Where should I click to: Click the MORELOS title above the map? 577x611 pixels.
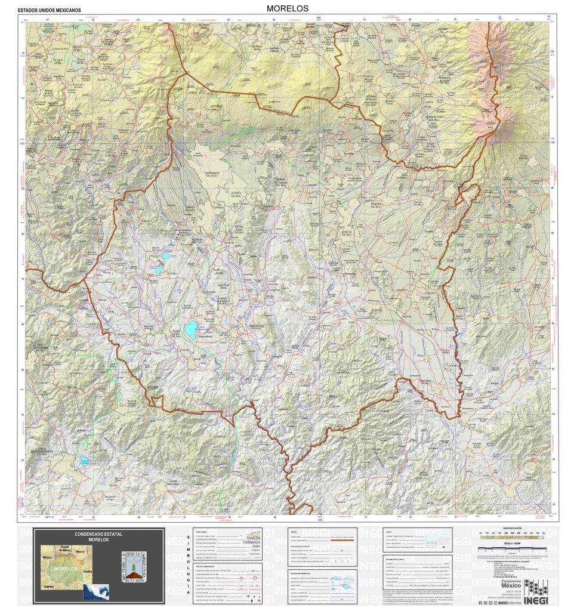pyautogui.click(x=288, y=8)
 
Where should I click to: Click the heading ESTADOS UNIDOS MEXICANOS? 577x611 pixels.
pyautogui.click(x=50, y=11)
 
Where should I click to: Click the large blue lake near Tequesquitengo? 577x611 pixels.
pyautogui.click(x=190, y=329)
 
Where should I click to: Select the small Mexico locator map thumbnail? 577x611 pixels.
pyautogui.click(x=95, y=591)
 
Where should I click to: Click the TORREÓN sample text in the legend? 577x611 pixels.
pyautogui.click(x=249, y=536)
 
